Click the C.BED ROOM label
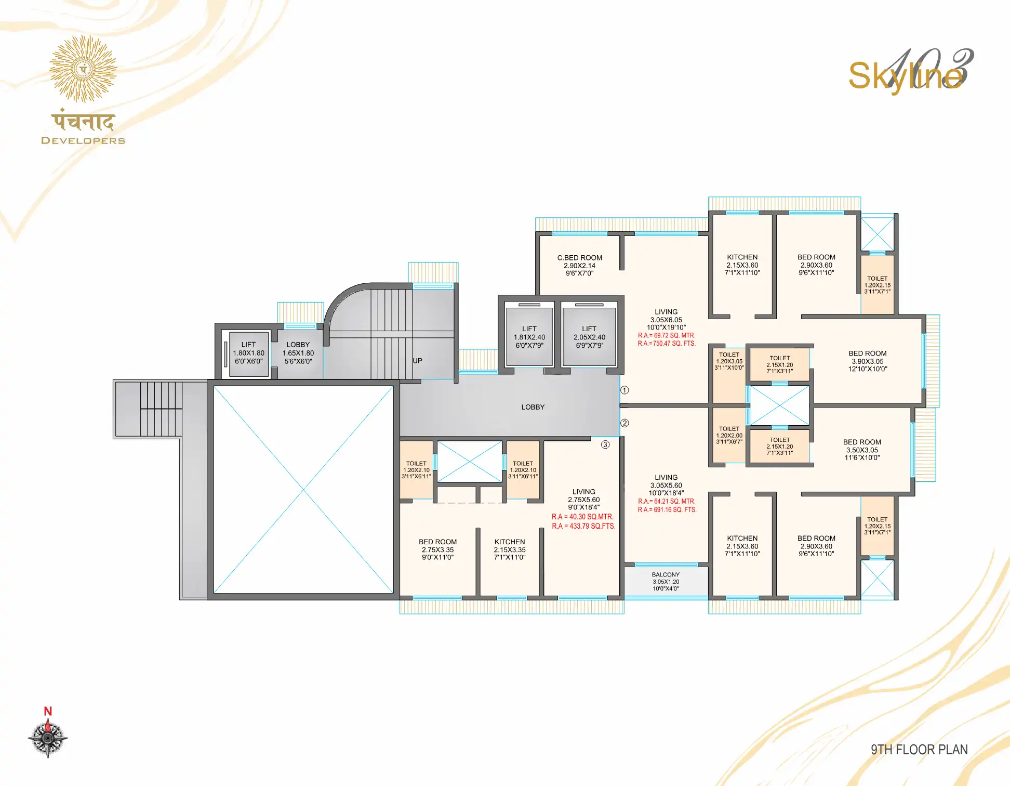click(579, 258)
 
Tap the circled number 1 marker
click(625, 390)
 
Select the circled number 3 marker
click(605, 444)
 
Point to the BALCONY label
click(666, 575)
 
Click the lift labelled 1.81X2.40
click(529, 337)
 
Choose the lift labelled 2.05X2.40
click(589, 337)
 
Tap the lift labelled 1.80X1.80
click(248, 354)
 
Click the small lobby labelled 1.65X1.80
click(298, 353)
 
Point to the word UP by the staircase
click(417, 361)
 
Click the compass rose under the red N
click(47, 738)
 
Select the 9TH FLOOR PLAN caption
click(919, 750)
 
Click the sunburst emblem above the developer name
click(83, 69)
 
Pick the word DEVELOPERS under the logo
click(83, 140)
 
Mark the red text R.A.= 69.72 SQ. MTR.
click(667, 336)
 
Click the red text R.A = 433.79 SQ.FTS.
click(583, 526)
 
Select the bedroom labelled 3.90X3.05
click(868, 361)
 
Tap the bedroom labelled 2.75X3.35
click(438, 549)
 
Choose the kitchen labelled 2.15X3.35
click(510, 549)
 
